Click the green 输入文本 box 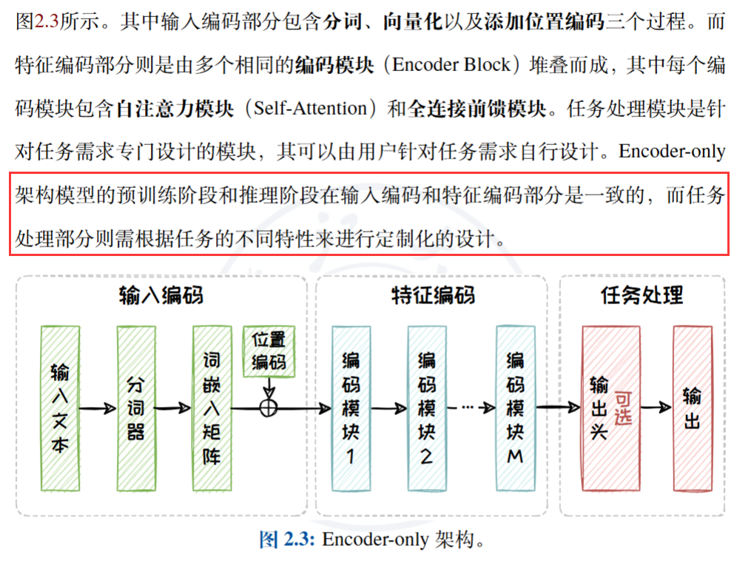tap(60, 408)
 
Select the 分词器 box tap(135, 408)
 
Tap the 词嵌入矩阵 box tap(212, 408)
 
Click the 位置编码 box tap(269, 351)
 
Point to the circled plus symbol tap(269, 407)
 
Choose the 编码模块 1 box tap(351, 408)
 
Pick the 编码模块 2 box tap(427, 408)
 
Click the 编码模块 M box tap(515, 408)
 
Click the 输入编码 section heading tap(161, 296)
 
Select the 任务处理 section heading tap(641, 296)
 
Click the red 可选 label tap(623, 407)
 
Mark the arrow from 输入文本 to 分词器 tap(98, 408)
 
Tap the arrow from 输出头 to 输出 tap(656, 408)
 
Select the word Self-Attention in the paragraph tap(310, 109)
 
